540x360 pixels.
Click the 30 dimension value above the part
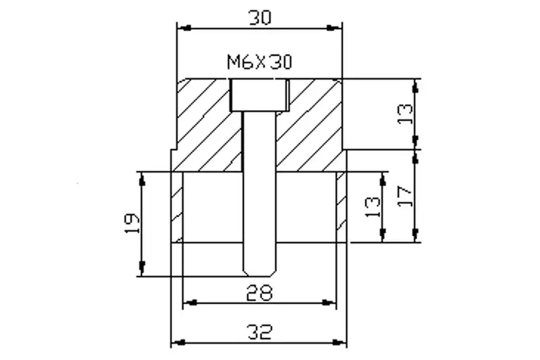coord(260,18)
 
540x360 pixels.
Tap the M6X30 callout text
coord(260,62)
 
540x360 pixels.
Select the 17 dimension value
coord(405,196)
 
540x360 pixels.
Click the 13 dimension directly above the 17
coord(405,114)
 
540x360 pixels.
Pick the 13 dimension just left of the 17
coord(373,207)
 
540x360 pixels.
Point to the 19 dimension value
coord(132,224)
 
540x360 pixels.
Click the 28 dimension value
coord(260,293)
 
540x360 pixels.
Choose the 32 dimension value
coord(260,332)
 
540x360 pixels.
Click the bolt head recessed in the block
coord(260,95)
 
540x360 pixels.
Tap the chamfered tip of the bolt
coord(260,271)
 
